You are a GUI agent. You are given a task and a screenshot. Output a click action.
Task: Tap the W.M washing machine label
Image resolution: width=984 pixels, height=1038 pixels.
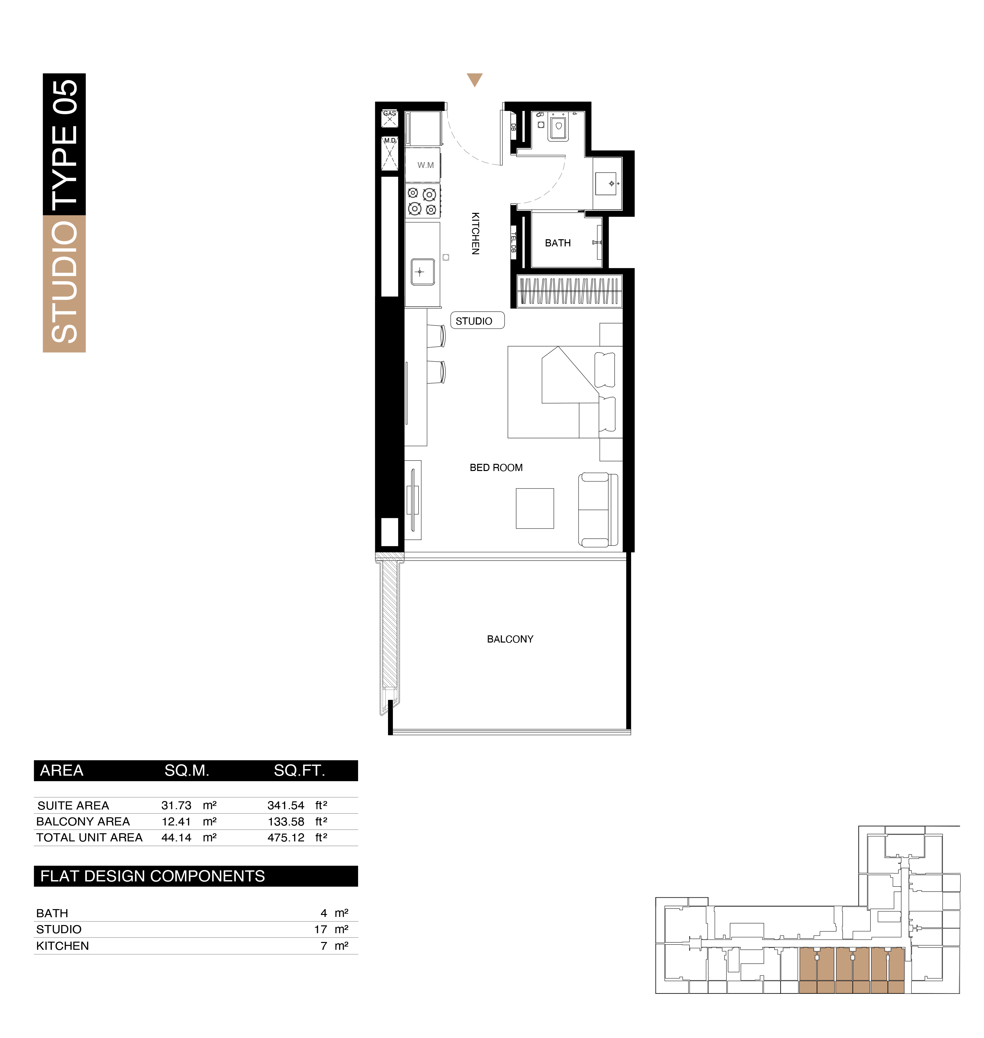click(425, 165)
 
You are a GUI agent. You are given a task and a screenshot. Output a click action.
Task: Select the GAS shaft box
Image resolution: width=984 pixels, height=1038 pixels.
click(389, 118)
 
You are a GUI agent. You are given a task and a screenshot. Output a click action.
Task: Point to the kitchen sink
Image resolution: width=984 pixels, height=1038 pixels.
click(422, 272)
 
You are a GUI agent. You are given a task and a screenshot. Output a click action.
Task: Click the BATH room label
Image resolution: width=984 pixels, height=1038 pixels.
click(558, 243)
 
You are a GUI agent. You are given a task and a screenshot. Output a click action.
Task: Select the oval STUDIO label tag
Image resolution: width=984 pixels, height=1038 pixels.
click(477, 321)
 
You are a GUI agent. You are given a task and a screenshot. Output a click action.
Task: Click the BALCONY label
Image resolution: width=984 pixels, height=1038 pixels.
click(510, 639)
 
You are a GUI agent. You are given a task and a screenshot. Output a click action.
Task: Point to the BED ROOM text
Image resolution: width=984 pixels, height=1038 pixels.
click(496, 467)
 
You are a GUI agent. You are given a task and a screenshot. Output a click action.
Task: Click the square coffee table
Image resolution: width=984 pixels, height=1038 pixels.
click(534, 508)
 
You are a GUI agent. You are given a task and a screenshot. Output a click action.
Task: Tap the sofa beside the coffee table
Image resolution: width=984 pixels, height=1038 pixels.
click(598, 510)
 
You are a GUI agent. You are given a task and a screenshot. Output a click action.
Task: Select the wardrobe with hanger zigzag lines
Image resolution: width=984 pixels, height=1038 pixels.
click(569, 291)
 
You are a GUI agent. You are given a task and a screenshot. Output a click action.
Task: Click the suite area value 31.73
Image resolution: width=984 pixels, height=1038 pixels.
click(176, 805)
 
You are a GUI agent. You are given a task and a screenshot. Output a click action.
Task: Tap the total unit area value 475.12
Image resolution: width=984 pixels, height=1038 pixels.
click(286, 837)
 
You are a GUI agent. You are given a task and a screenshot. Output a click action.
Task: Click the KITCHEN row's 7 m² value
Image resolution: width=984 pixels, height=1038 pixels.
click(335, 946)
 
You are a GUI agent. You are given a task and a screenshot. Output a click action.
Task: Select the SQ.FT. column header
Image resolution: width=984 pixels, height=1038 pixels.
click(299, 770)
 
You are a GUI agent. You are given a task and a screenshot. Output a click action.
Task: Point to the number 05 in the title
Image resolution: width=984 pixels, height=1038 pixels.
click(64, 97)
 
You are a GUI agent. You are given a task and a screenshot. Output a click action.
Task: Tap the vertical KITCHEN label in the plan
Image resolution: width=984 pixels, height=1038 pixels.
click(475, 233)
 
